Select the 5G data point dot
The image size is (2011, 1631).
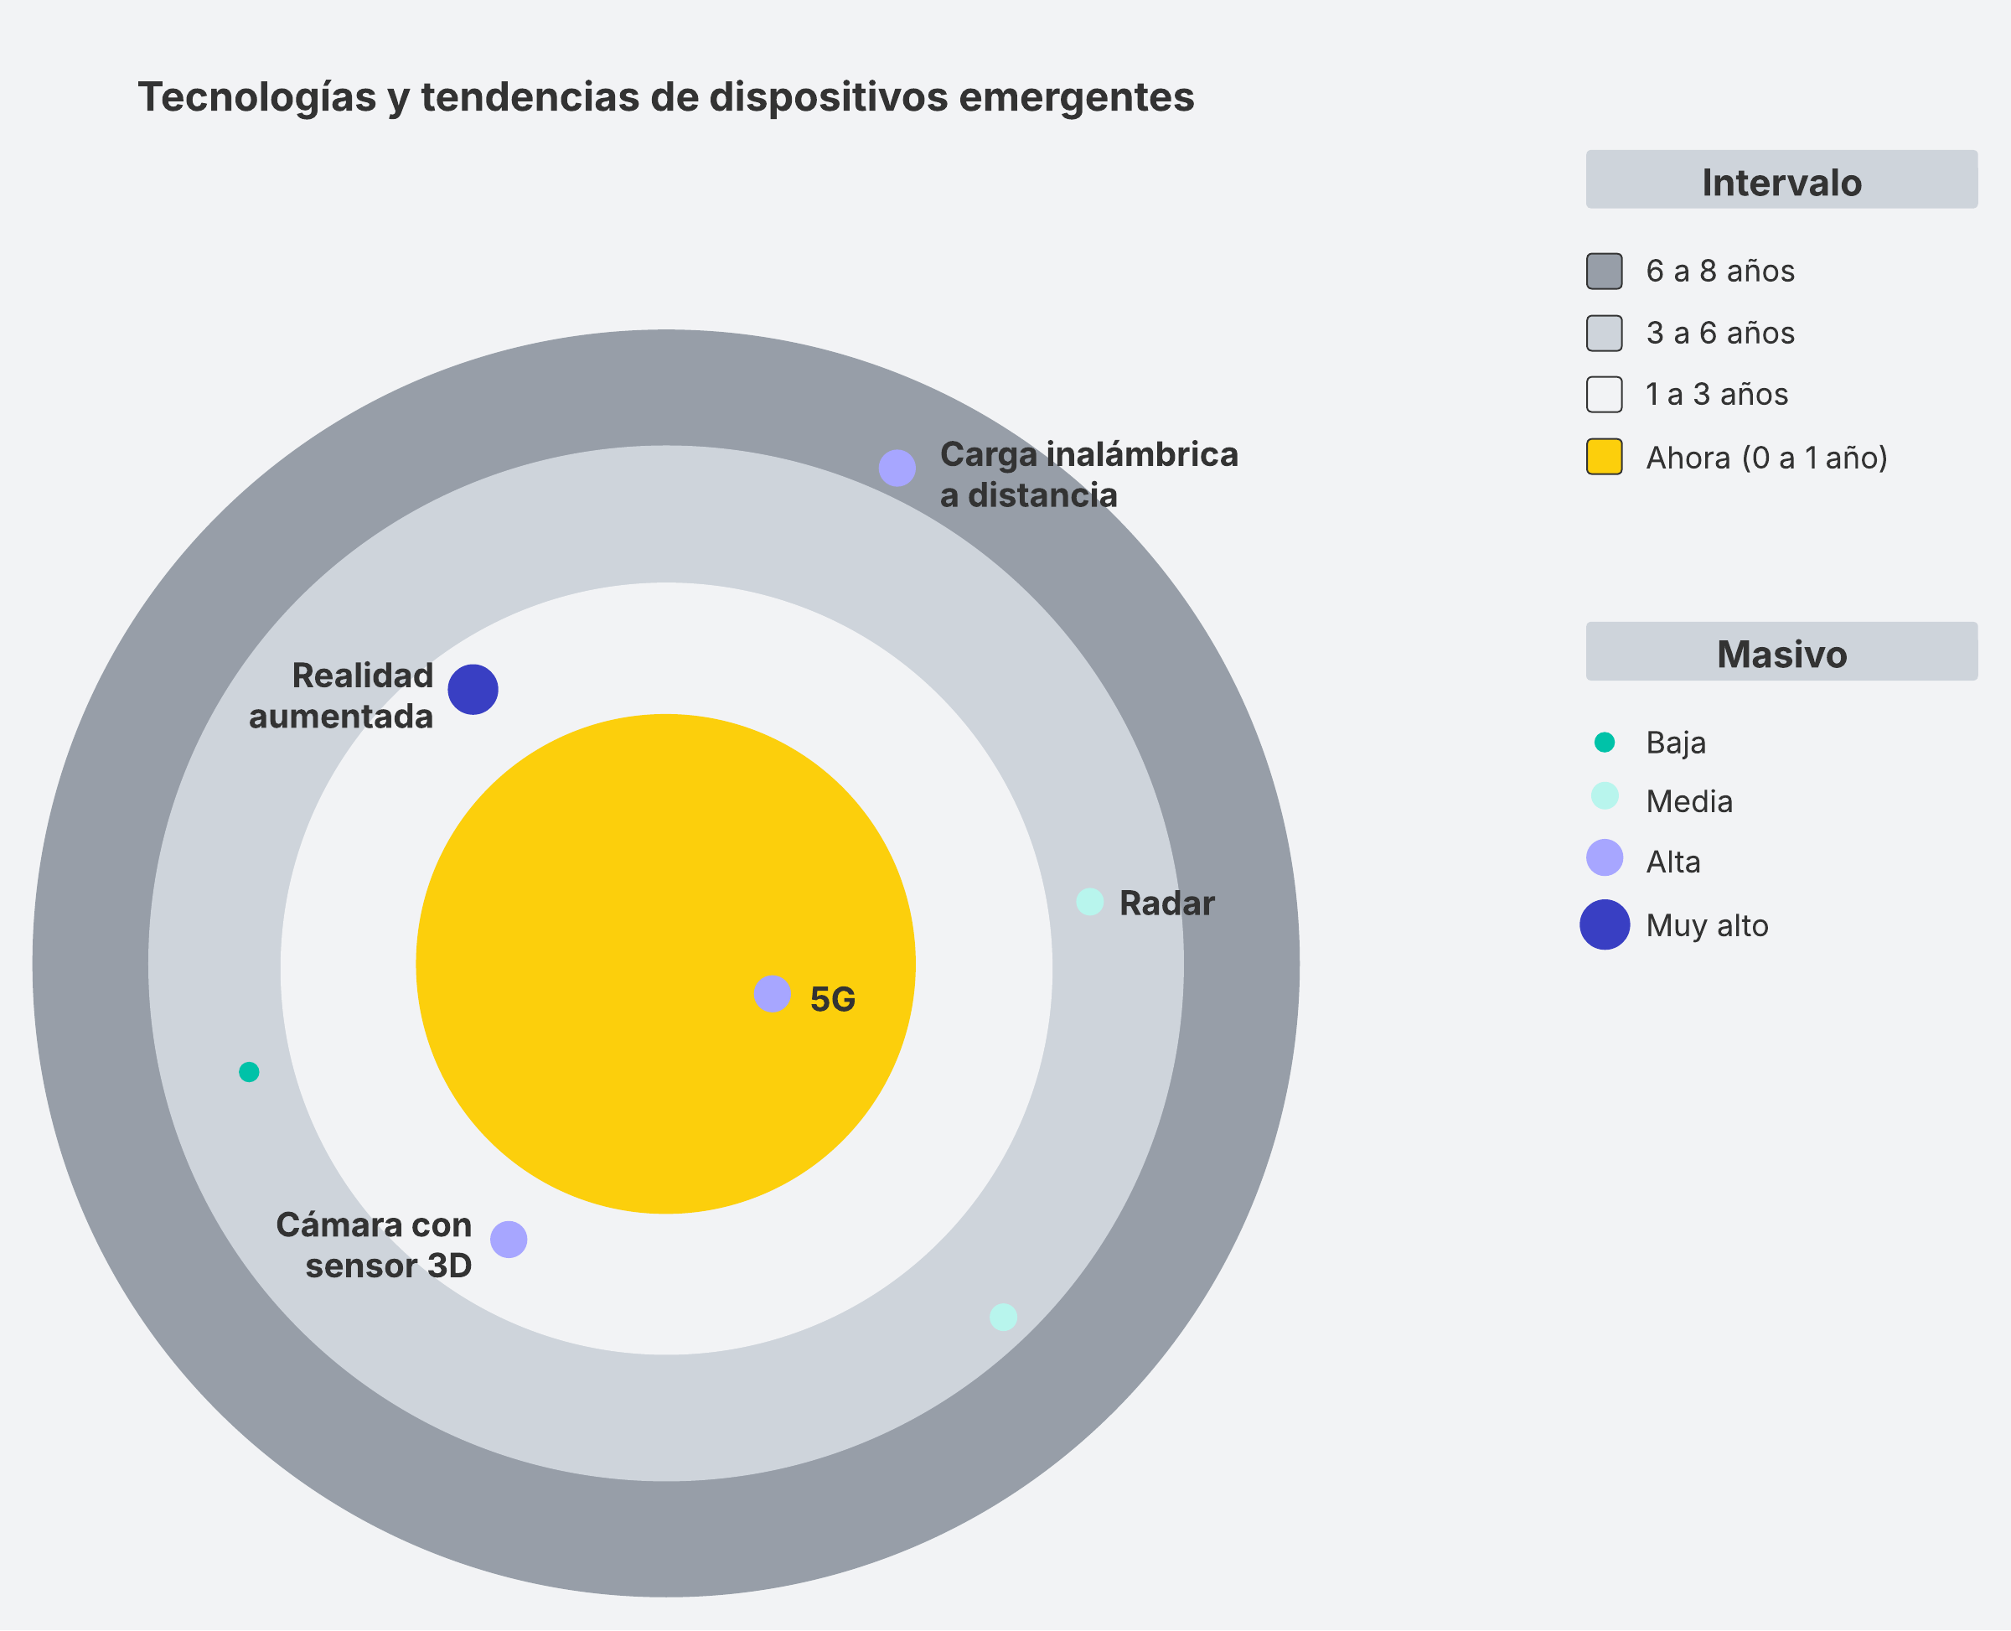coord(772,994)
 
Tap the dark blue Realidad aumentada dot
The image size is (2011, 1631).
coord(473,690)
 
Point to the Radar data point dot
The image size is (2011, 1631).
coord(1089,902)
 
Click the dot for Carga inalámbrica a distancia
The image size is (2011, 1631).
coord(897,468)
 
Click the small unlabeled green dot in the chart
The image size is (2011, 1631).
coord(249,1072)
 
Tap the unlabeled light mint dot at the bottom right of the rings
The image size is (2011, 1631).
coord(1003,1318)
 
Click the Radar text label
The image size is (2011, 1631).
coord(1166,904)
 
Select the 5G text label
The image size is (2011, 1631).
coord(832,1000)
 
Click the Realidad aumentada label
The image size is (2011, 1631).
coord(341,696)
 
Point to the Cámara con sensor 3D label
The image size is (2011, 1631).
coord(374,1245)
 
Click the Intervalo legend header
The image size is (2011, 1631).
coord(1781,180)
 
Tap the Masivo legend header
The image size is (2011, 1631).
coord(1781,652)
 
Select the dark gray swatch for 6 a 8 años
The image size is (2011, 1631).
coord(1605,272)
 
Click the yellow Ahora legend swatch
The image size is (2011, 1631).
coord(1605,457)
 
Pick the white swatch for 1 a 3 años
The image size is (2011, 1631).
coord(1605,395)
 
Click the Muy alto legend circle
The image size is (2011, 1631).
coord(1605,924)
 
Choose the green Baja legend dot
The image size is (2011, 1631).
coord(1605,743)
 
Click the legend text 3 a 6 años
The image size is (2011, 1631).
coord(1719,334)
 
